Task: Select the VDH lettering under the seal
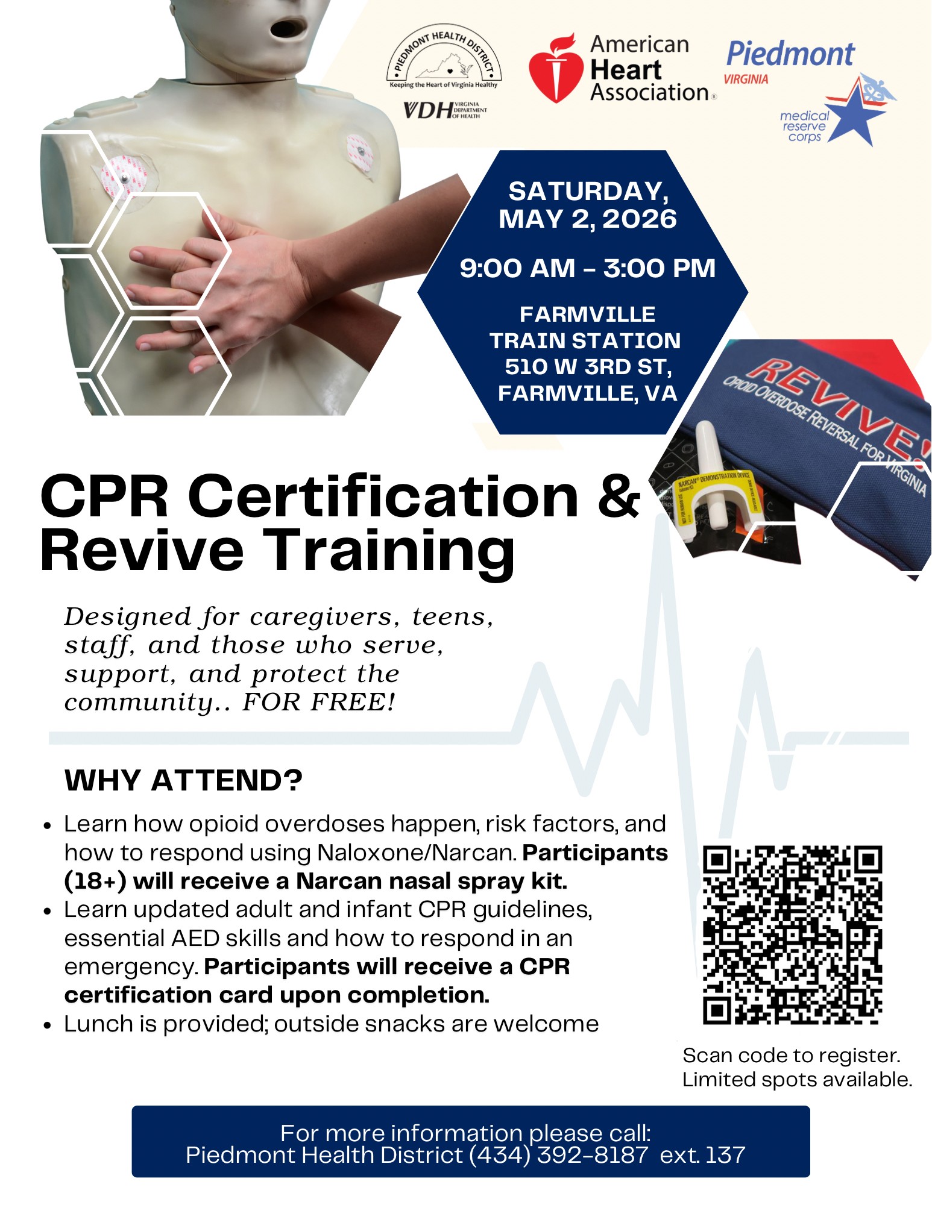tap(428, 110)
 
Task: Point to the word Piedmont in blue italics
tap(790, 54)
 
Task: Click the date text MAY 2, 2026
tap(587, 219)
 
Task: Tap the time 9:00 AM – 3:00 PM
tap(587, 268)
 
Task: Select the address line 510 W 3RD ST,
tap(588, 366)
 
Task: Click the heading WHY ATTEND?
tap(183, 780)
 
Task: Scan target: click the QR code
tap(792, 934)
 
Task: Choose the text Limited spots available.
tap(797, 1080)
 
